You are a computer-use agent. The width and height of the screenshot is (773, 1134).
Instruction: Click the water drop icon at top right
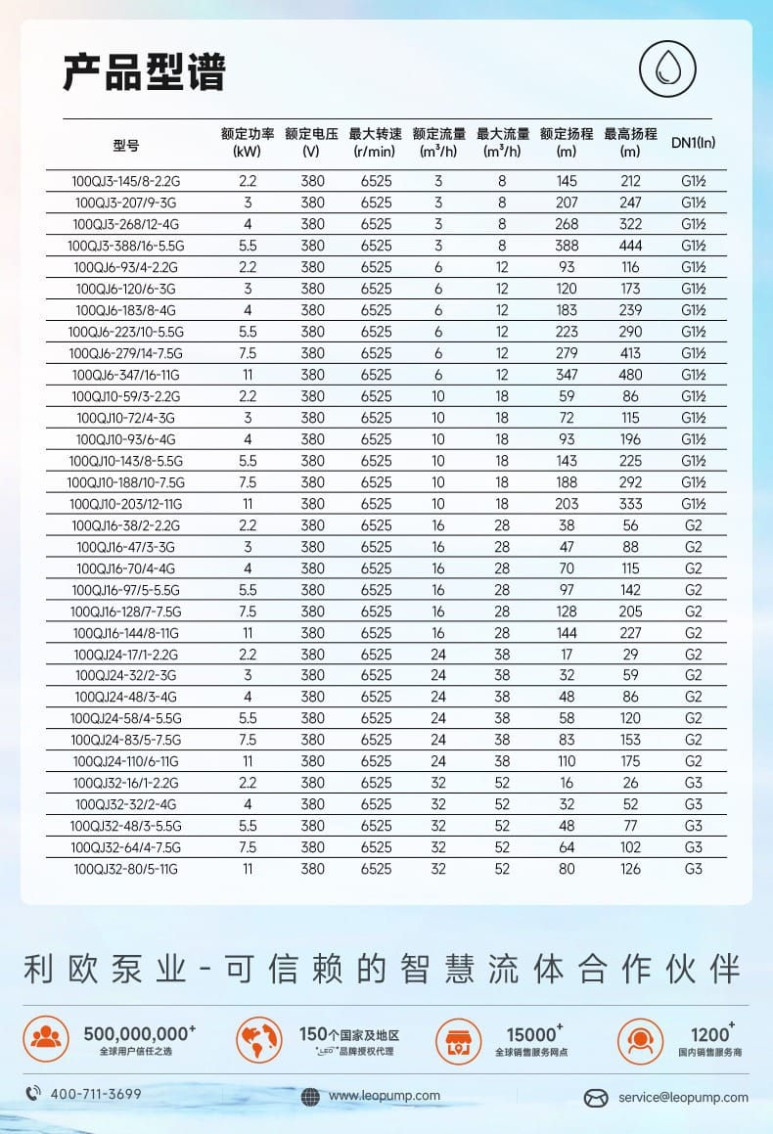pos(667,70)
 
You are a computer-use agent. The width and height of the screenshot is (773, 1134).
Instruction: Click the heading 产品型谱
pos(145,72)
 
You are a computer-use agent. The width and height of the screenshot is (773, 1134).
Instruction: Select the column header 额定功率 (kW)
pos(248,143)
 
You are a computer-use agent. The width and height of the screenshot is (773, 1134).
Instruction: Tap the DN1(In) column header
pos(693,143)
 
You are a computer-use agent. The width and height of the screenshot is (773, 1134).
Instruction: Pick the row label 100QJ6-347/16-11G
pos(126,375)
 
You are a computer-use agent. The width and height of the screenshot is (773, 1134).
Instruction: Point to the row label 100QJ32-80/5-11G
pos(126,869)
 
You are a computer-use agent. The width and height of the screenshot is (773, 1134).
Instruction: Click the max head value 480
pos(630,375)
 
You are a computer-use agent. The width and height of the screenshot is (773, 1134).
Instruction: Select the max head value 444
pos(630,246)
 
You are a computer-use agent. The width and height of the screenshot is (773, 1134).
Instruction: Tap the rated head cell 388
pos(567,246)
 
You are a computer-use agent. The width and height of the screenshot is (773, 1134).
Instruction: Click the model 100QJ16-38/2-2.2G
pos(126,525)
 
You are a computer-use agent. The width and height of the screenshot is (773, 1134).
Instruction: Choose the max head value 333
pos(630,504)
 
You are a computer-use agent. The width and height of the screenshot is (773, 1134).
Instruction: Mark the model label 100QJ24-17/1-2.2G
pos(126,655)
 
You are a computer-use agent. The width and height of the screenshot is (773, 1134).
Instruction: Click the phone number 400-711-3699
pos(95,1094)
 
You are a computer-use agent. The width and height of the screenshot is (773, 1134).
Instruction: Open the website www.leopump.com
pos(384,1096)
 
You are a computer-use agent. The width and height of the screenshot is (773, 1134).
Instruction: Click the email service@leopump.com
pos(682,1097)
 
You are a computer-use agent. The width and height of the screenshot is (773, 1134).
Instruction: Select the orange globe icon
pos(258,1039)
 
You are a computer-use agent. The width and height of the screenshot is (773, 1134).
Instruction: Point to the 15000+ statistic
pos(533,1034)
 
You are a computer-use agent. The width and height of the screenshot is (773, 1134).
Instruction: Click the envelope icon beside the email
pos(596,1098)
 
